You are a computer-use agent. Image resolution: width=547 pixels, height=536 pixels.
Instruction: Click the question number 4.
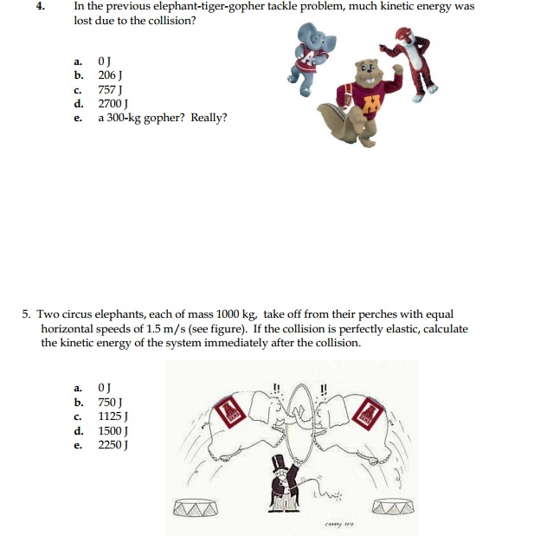pyautogui.click(x=40, y=6)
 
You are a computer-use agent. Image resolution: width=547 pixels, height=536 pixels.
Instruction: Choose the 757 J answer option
pyautogui.click(x=108, y=89)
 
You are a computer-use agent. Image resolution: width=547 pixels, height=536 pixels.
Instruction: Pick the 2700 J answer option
pyautogui.click(x=112, y=103)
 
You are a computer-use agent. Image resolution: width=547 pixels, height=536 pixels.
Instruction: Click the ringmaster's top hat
pyautogui.click(x=280, y=464)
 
